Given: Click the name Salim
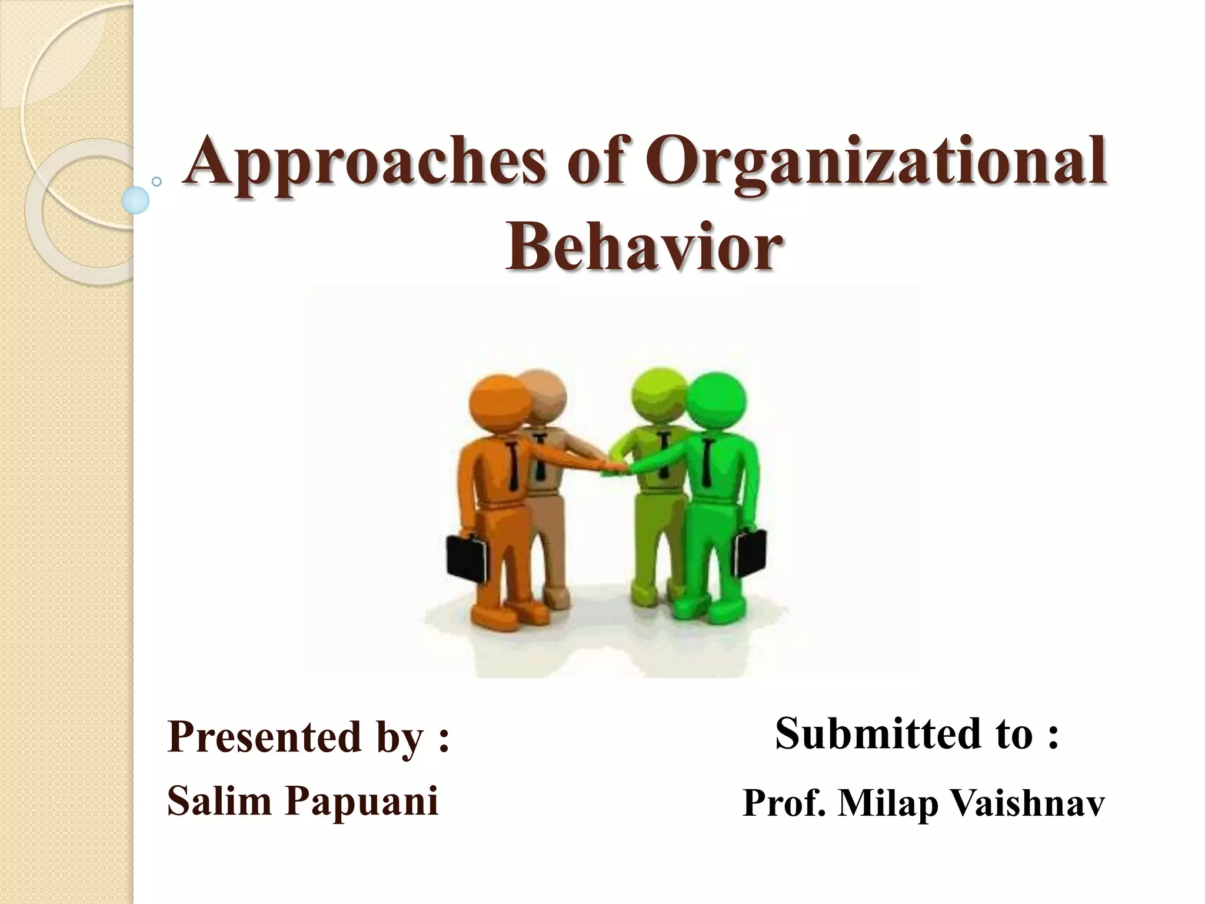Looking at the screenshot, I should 218,800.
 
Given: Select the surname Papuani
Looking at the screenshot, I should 361,800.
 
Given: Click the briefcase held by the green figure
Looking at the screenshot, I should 751,553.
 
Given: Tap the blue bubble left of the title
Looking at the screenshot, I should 135,200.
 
